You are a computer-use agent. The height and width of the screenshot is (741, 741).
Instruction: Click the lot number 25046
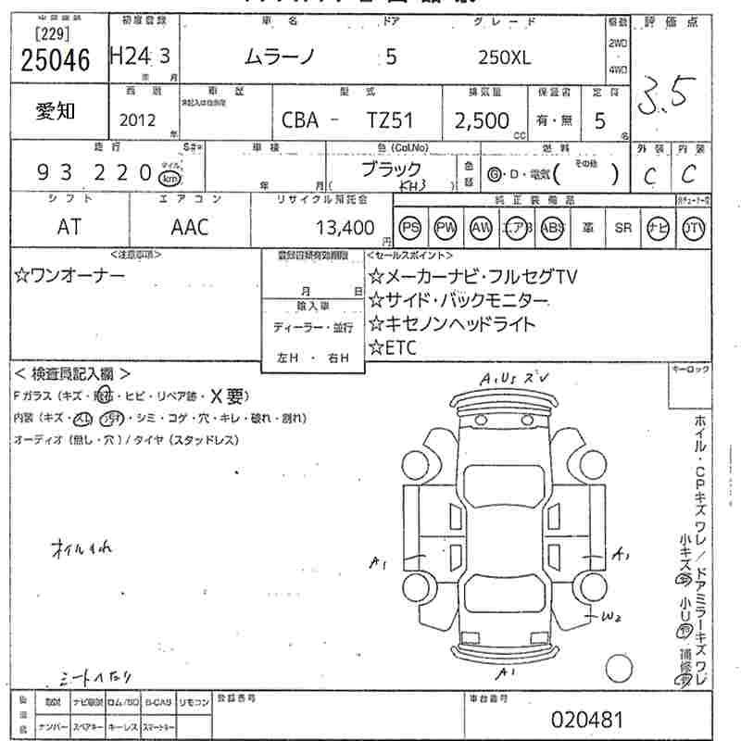[55, 60]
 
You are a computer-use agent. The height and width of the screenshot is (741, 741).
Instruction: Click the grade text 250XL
[504, 57]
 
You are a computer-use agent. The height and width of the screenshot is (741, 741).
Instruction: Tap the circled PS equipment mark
[411, 228]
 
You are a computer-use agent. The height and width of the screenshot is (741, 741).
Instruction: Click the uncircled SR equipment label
[622, 228]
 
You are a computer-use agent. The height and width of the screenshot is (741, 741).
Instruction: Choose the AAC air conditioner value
[190, 227]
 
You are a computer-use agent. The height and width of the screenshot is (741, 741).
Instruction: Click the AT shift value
[69, 227]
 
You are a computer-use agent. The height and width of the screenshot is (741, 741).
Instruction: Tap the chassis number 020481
[587, 719]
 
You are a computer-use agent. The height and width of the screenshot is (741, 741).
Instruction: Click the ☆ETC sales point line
[394, 347]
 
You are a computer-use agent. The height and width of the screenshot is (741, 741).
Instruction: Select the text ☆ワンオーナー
[69, 275]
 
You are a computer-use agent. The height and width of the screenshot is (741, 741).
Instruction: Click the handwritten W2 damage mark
[609, 617]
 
